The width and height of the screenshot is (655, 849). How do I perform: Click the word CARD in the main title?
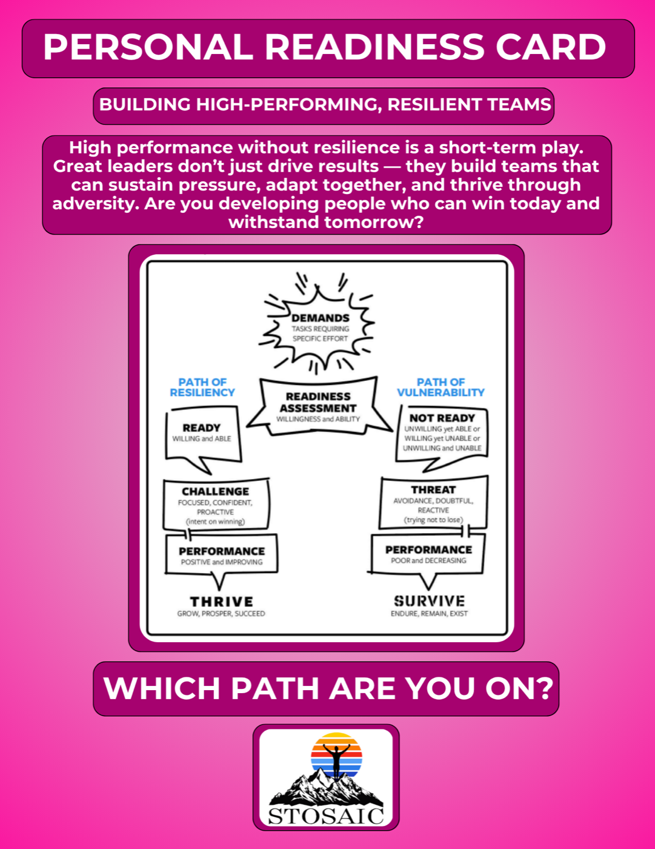(x=551, y=47)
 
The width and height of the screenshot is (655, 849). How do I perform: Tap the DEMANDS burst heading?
(x=320, y=318)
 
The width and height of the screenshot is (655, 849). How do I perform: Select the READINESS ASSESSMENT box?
(x=318, y=406)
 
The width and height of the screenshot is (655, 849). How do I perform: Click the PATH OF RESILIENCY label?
(x=202, y=388)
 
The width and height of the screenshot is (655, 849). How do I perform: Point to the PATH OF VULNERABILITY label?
(x=441, y=388)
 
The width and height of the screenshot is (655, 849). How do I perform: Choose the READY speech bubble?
(x=202, y=435)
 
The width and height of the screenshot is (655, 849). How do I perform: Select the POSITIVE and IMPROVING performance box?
(x=222, y=555)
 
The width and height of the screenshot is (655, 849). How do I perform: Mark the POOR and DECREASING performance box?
(x=428, y=554)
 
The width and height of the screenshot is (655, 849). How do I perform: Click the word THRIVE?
(x=222, y=602)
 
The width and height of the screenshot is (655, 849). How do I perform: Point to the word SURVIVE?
(x=429, y=601)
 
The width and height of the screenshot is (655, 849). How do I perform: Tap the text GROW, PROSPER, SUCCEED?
(x=221, y=614)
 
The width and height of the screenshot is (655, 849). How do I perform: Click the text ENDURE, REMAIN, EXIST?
(x=429, y=614)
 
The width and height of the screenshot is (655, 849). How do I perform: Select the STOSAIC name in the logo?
(x=326, y=816)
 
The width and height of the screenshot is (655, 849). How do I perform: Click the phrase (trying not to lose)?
(x=433, y=520)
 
